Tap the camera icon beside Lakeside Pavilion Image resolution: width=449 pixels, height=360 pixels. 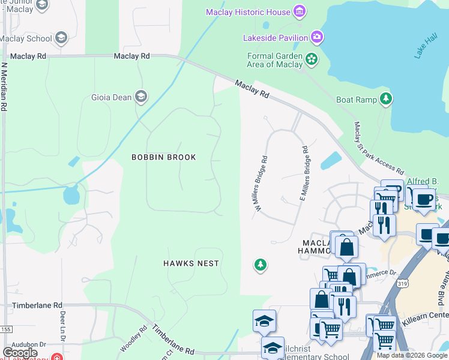tap(316, 38)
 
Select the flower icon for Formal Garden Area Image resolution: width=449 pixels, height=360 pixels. tap(312, 59)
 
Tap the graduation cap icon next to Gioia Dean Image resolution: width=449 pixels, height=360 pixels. tap(141, 97)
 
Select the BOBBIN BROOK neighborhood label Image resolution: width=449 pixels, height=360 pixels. tap(164, 157)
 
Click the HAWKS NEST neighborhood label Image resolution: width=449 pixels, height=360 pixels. tap(191, 263)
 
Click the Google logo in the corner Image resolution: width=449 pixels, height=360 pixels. tap(20, 353)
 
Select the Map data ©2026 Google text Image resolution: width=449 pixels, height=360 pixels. tap(411, 355)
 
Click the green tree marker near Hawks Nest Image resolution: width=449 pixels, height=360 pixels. tap(260, 265)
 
